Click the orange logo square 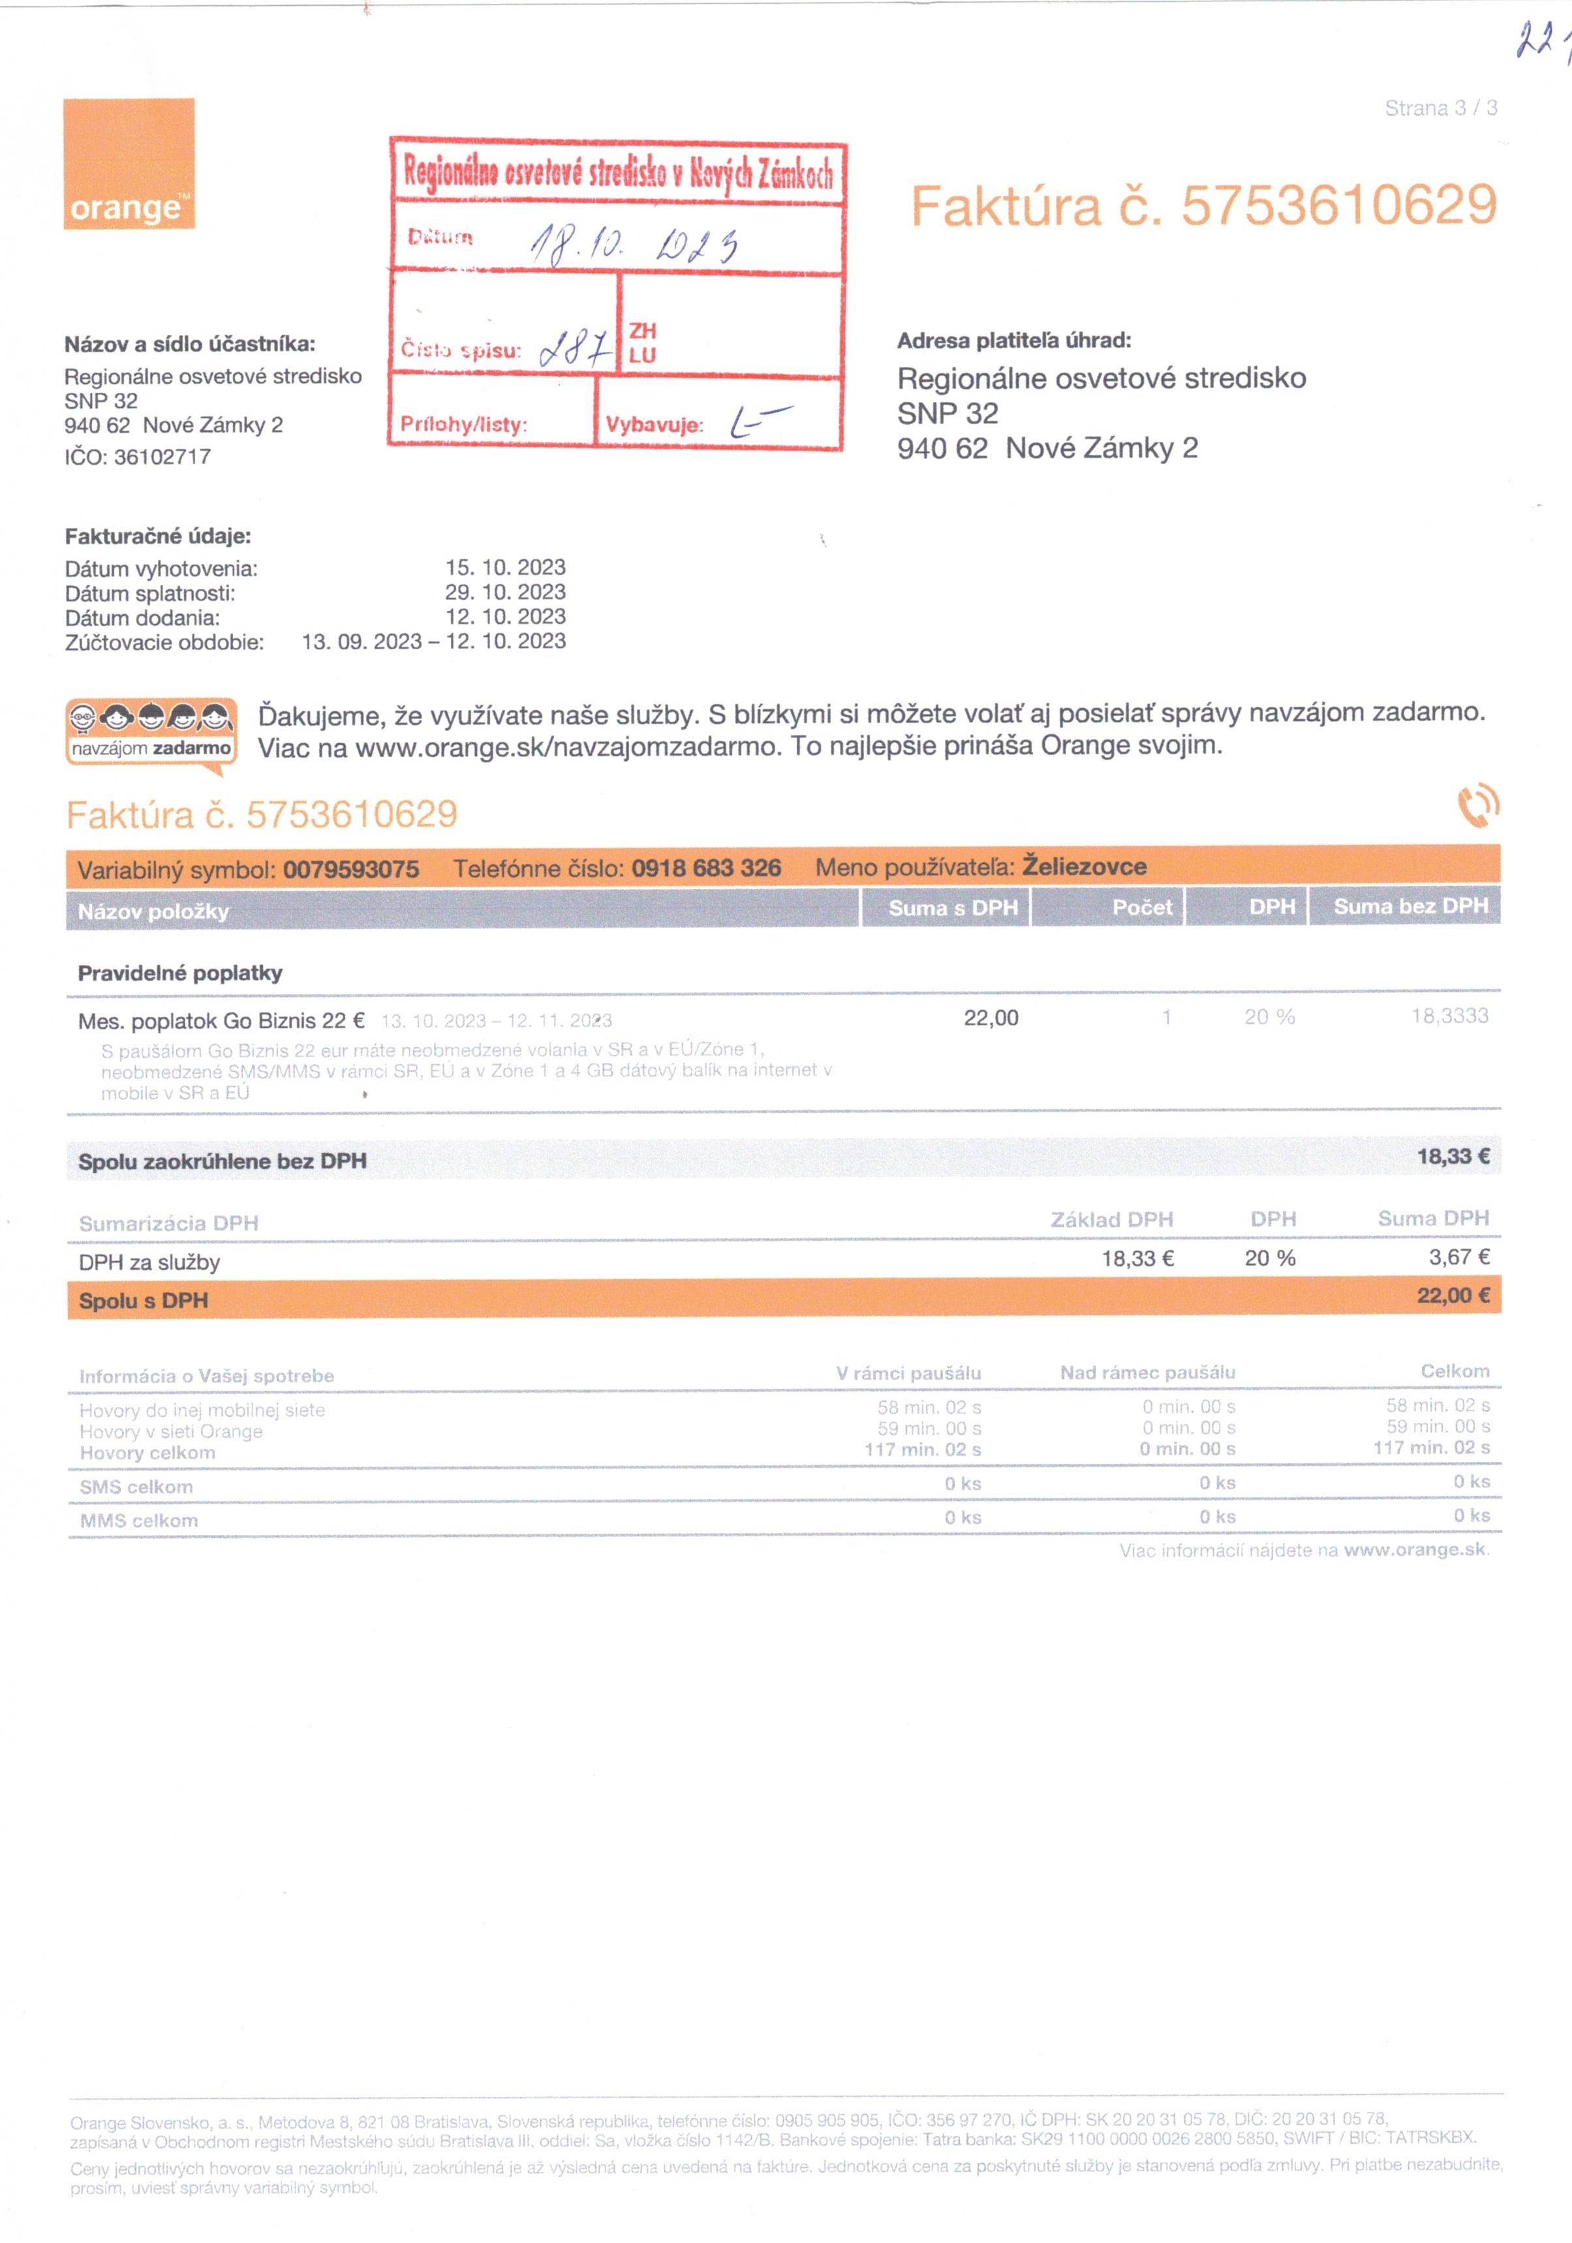pyautogui.click(x=129, y=163)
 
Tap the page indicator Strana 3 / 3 pyautogui.click(x=1440, y=108)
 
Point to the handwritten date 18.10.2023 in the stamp pyautogui.click(x=633, y=243)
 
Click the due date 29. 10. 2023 pyautogui.click(x=505, y=592)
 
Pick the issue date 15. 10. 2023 pyautogui.click(x=505, y=568)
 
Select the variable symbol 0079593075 pyautogui.click(x=350, y=869)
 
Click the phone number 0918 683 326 pyautogui.click(x=705, y=869)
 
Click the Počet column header pyautogui.click(x=1141, y=908)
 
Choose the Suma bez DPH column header pyautogui.click(x=1410, y=906)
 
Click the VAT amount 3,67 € pyautogui.click(x=1458, y=1258)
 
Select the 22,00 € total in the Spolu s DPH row pyautogui.click(x=1453, y=1296)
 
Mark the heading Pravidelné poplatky pyautogui.click(x=179, y=973)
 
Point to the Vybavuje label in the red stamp pyautogui.click(x=654, y=425)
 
